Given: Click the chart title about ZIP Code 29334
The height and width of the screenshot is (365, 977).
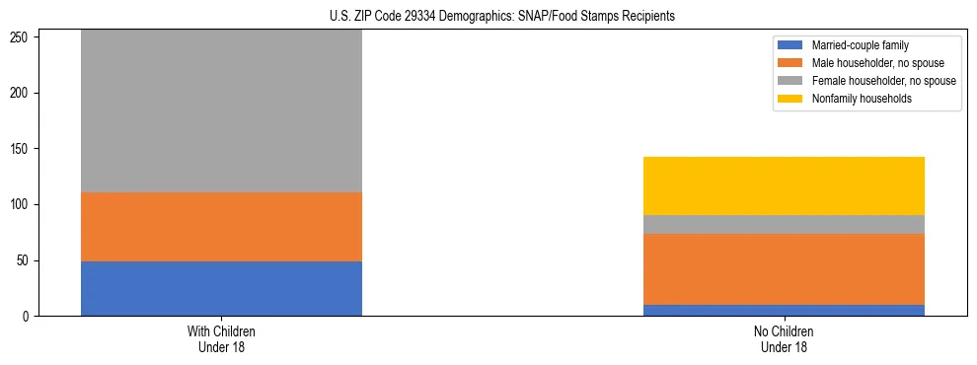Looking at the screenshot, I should (x=502, y=17).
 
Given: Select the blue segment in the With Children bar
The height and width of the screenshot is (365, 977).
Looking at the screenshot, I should (x=221, y=288).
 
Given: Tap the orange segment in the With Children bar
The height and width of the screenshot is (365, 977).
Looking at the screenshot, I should (x=221, y=227).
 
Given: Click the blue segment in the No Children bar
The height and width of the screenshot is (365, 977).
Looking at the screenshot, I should (x=784, y=310).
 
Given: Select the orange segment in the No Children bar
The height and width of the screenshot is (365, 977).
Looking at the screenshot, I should (x=784, y=269).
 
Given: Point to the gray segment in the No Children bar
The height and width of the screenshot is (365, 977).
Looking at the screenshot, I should (x=784, y=224).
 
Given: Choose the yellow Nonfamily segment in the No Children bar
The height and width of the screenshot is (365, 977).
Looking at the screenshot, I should (x=784, y=185).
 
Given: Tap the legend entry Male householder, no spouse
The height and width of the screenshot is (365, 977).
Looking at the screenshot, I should (x=869, y=63).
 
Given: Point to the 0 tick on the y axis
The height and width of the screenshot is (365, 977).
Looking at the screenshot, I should (x=28, y=317).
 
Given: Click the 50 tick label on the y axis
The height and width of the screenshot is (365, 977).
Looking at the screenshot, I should (x=25, y=260).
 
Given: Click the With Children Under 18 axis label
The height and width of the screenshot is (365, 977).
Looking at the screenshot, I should (x=221, y=339).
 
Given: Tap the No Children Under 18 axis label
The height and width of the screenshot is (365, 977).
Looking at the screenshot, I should (x=784, y=339).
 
